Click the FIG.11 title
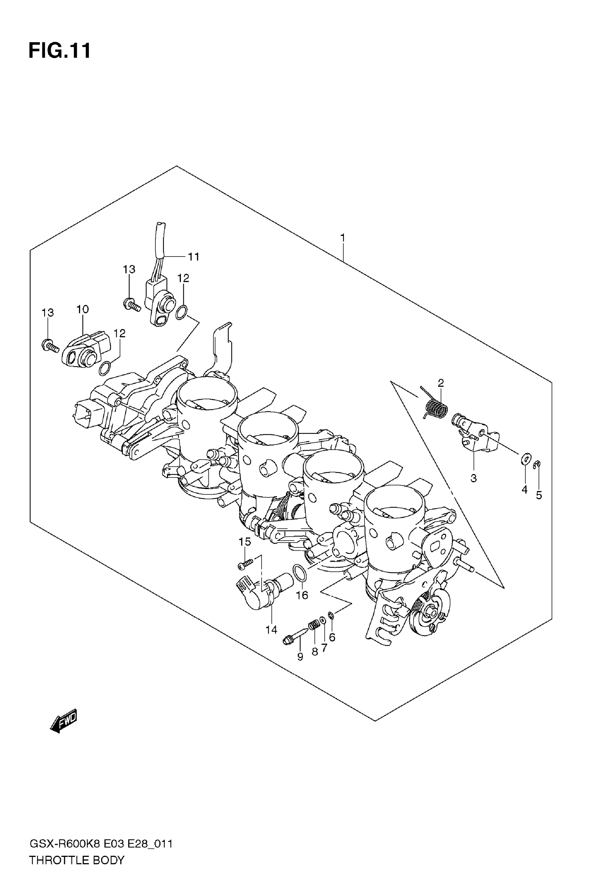coord(60,50)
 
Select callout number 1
coord(342,238)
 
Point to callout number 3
coord(474,478)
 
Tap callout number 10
coord(83,309)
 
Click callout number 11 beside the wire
coord(193,257)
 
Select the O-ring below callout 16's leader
coord(300,572)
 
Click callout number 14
coord(271,630)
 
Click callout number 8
coord(315,652)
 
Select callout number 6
coord(332,637)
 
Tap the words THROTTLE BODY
coord(77,860)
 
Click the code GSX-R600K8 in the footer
coord(65,844)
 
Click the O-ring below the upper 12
coord(182,313)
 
